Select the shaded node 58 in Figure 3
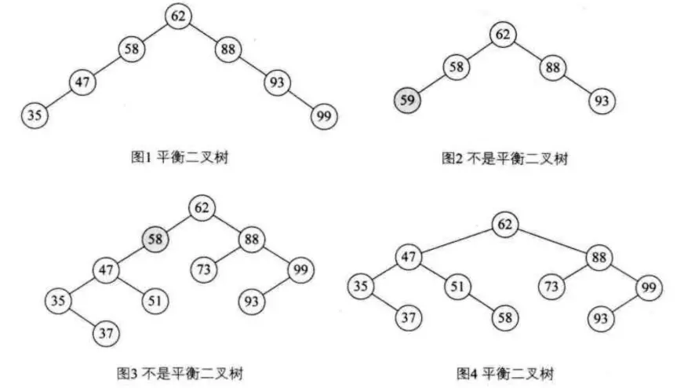(155, 237)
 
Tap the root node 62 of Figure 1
(179, 16)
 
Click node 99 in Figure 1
(323, 115)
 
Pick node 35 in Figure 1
(35, 115)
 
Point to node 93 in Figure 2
(602, 100)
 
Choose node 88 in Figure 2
(552, 67)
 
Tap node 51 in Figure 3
(156, 300)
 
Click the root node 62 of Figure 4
(505, 224)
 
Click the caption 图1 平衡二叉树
(180, 159)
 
